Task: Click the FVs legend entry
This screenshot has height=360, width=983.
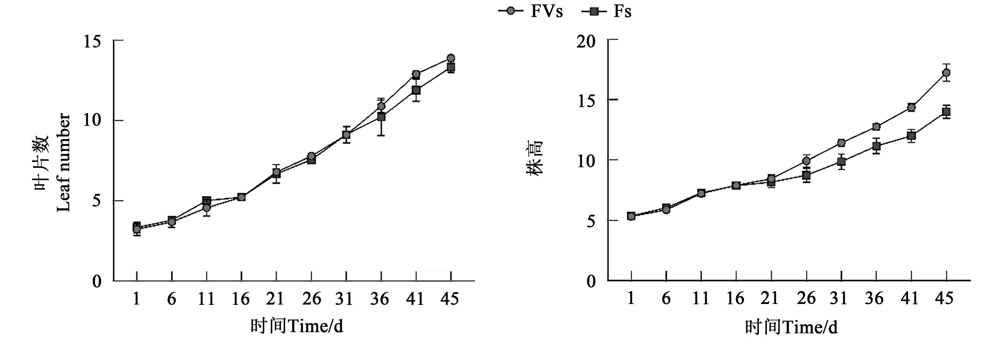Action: tap(530, 11)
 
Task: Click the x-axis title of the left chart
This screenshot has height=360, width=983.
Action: tap(297, 326)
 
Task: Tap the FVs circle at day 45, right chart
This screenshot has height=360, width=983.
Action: tap(946, 72)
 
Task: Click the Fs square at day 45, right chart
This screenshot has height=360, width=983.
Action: tap(946, 112)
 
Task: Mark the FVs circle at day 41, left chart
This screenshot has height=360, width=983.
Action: tap(416, 74)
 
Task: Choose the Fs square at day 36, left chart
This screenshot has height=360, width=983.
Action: tap(381, 116)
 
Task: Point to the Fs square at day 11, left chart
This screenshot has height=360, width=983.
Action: tap(206, 200)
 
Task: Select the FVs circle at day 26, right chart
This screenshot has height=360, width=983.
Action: tap(806, 161)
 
